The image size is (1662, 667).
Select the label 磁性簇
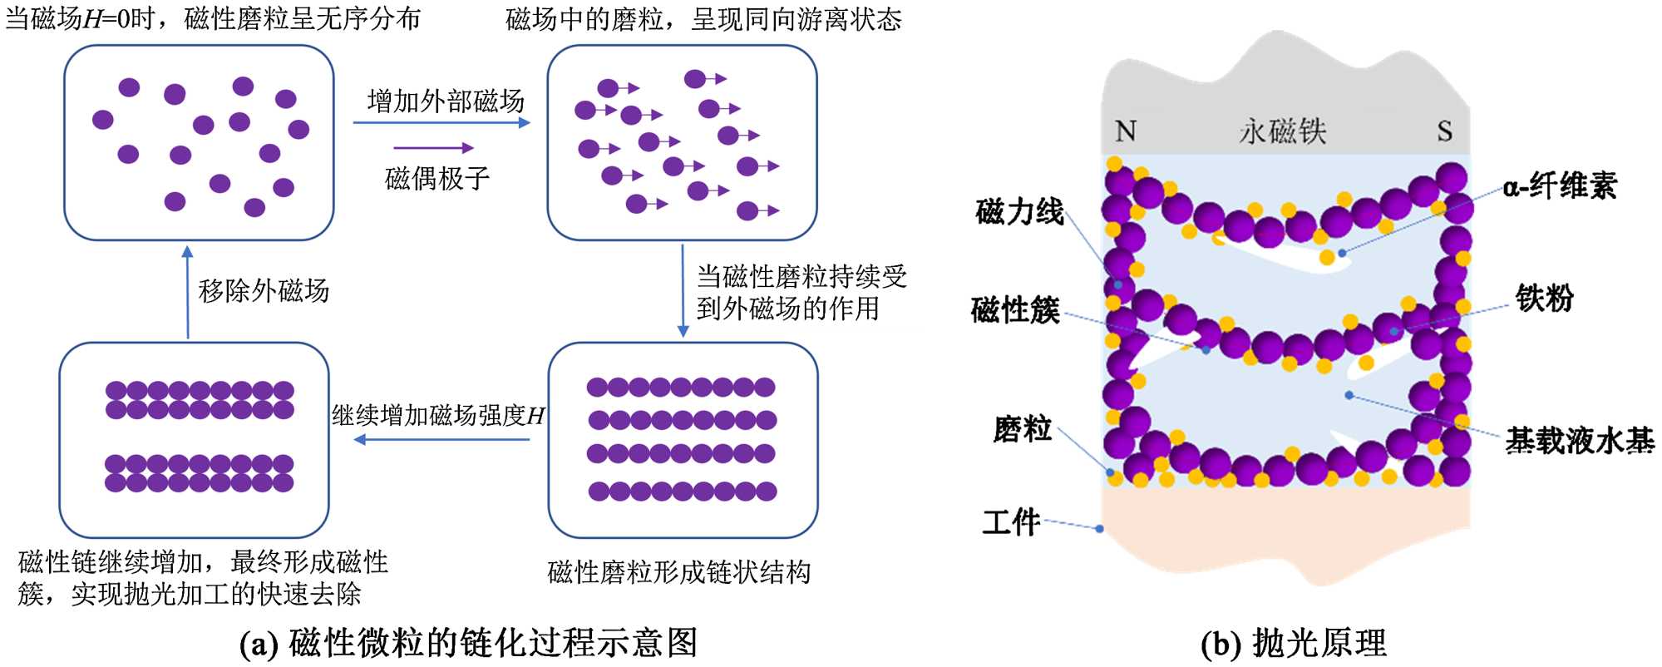(1015, 310)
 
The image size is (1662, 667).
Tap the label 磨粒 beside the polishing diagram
(1022, 429)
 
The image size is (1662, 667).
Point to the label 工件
(1011, 521)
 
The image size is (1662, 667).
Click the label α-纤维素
(1560, 185)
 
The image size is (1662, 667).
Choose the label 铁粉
(1544, 297)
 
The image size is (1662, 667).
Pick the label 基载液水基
(1579, 440)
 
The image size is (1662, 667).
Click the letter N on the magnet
(1125, 131)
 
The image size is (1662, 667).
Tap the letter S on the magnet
(1445, 131)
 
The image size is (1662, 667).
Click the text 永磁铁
(1282, 131)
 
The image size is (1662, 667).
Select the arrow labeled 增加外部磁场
(441, 123)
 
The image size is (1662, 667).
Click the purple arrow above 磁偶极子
(433, 148)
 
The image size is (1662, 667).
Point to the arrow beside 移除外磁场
(188, 292)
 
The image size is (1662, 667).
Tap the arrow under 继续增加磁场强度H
(441, 439)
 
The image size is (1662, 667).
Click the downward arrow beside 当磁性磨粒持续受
(683, 290)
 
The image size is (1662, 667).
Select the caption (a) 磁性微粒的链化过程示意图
(468, 643)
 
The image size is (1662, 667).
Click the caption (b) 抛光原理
(1294, 643)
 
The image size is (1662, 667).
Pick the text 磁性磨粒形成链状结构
(678, 572)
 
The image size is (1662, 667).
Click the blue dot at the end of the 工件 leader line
(1099, 528)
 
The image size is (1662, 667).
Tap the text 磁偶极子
(437, 178)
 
